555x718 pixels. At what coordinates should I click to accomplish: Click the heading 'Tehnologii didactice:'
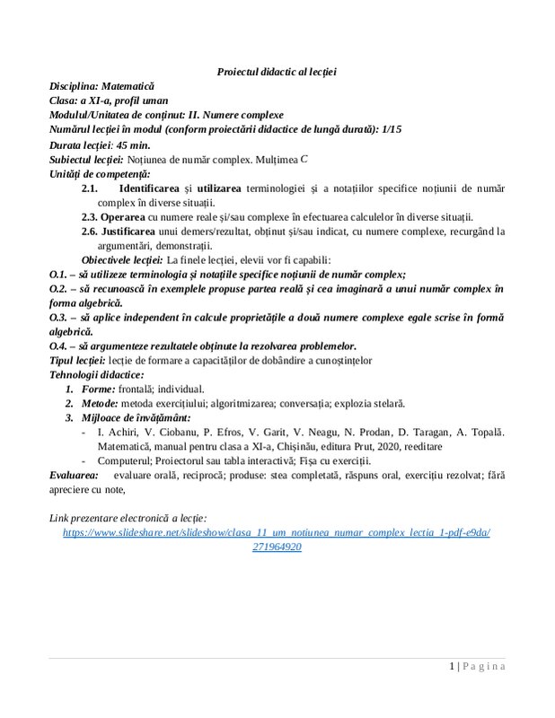[97, 374]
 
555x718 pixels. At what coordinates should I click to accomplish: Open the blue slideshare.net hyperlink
[277, 532]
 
